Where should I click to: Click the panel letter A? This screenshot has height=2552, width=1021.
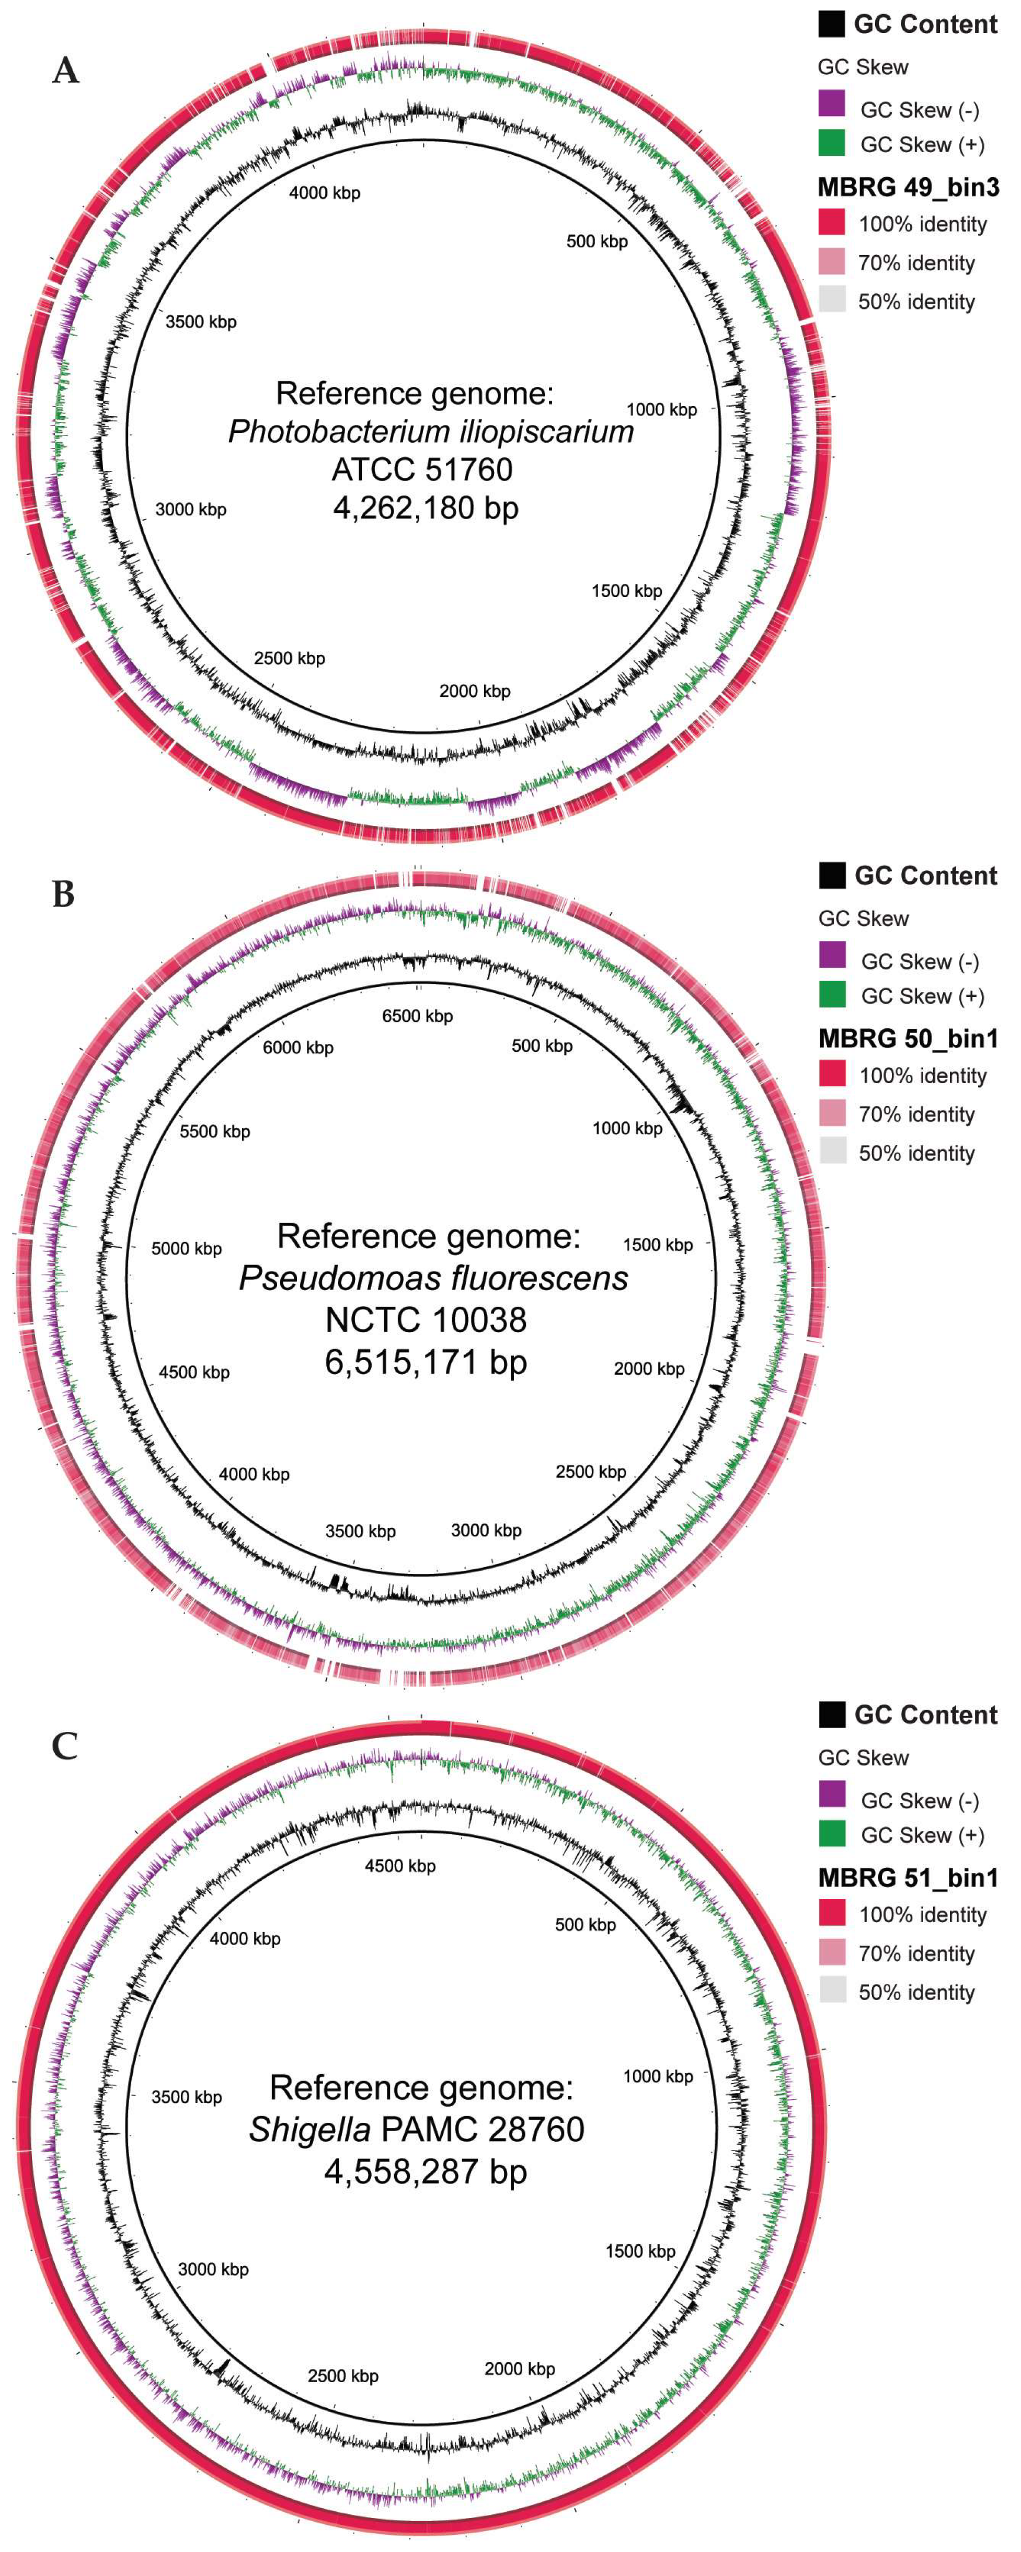65,71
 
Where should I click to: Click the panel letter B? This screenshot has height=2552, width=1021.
63,894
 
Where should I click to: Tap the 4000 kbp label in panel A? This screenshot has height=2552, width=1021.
325,193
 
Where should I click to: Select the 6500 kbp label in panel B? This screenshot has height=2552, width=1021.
417,1016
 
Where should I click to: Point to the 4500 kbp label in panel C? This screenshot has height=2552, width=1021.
400,1866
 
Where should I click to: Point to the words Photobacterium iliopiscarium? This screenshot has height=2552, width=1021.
431,431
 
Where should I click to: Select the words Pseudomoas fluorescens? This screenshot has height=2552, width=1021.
433,1278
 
